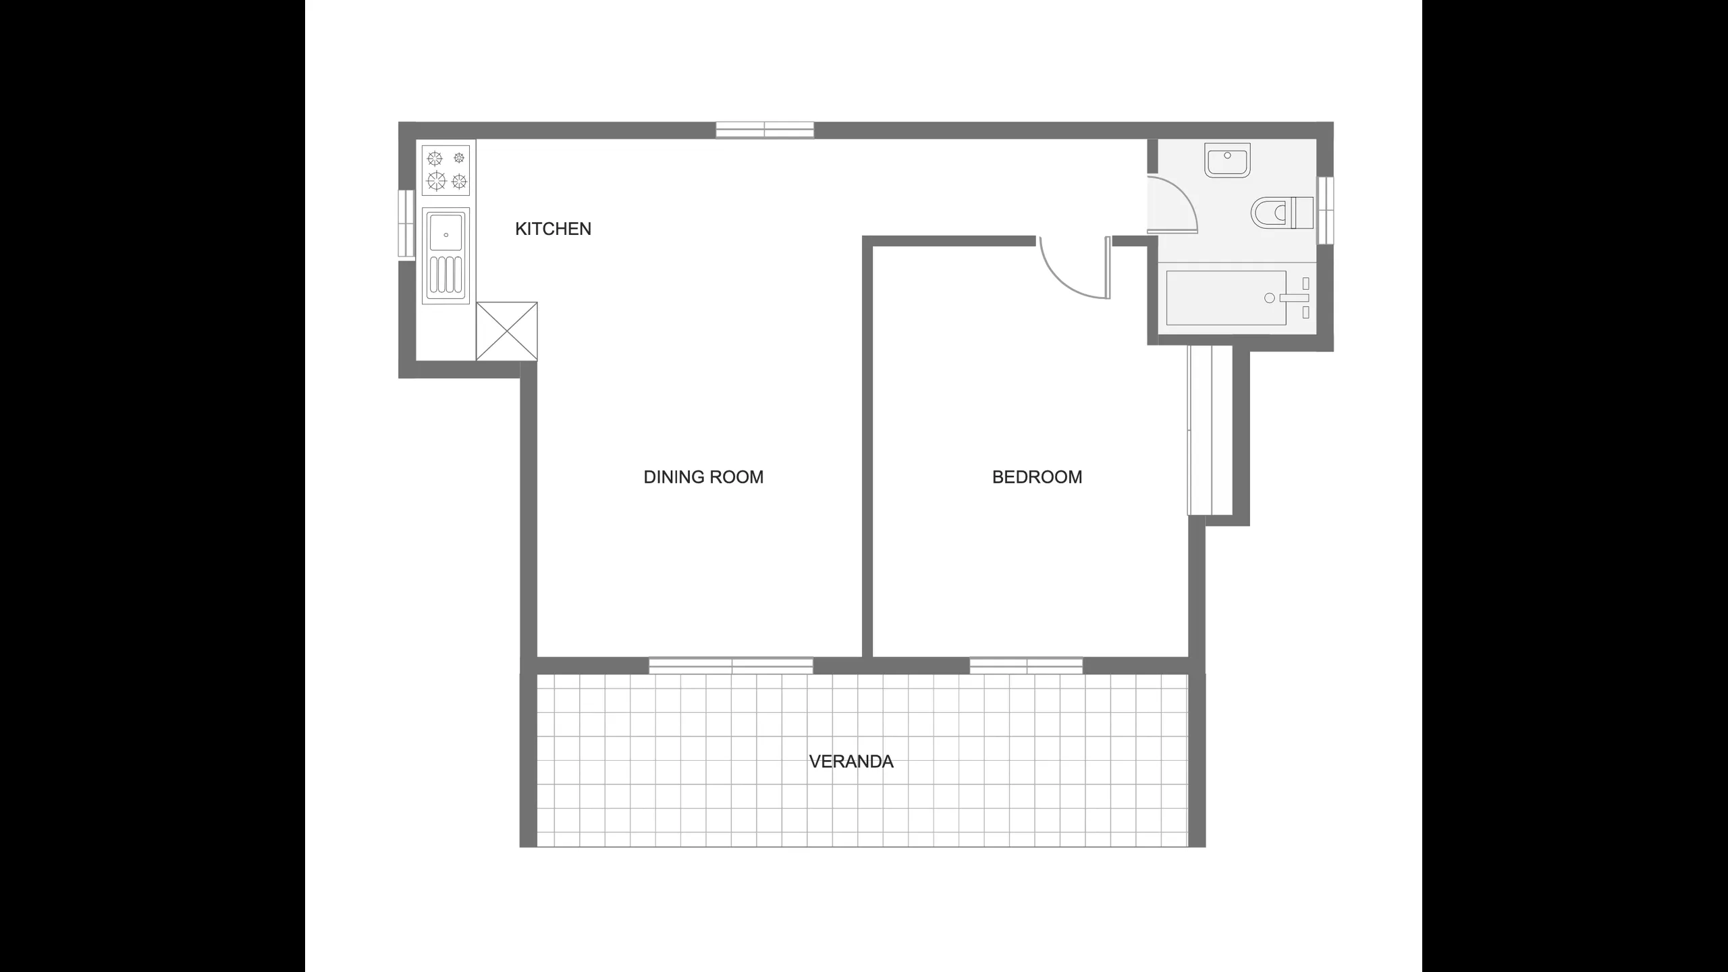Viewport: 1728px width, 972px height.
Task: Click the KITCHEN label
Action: tap(553, 229)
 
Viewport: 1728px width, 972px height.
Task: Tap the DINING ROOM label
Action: tap(703, 477)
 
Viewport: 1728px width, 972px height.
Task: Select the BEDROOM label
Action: tap(1037, 477)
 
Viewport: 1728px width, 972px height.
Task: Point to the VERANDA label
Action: tap(851, 761)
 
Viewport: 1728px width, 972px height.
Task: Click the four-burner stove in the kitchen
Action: tap(446, 169)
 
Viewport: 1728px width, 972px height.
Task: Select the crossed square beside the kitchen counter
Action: tap(507, 331)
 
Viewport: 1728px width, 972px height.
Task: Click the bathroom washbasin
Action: tap(1227, 160)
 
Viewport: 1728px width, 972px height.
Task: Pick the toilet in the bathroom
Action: tap(1282, 213)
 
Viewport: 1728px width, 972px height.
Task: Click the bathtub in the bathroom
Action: tap(1226, 298)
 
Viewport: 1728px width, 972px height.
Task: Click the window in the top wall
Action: tap(765, 130)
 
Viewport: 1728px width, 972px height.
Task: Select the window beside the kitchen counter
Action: tap(406, 223)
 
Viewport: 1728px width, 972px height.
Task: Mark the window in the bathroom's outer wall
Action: tap(1326, 210)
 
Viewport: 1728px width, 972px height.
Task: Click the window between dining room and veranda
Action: tap(731, 666)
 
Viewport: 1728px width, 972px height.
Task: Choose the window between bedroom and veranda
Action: tap(1026, 666)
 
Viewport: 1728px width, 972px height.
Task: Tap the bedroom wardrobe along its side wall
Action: tap(1210, 430)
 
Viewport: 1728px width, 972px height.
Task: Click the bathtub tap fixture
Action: tap(1295, 298)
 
